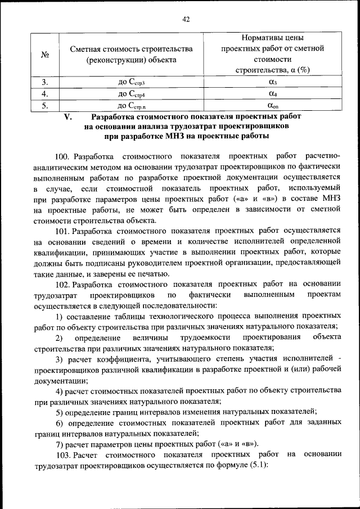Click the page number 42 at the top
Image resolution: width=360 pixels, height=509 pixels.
(x=186, y=19)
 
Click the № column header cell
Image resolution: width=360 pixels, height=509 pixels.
(x=47, y=54)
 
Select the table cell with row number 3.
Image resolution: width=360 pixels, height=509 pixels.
(x=47, y=83)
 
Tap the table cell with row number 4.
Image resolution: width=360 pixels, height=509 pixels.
(x=47, y=93)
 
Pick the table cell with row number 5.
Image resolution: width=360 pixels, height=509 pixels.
(x=47, y=104)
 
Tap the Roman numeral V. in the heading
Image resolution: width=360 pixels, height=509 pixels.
(x=67, y=116)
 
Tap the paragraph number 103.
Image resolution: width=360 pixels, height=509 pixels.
(x=64, y=454)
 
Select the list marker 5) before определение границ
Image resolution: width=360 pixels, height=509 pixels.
(x=59, y=412)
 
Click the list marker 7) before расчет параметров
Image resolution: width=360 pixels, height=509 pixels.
(x=59, y=444)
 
